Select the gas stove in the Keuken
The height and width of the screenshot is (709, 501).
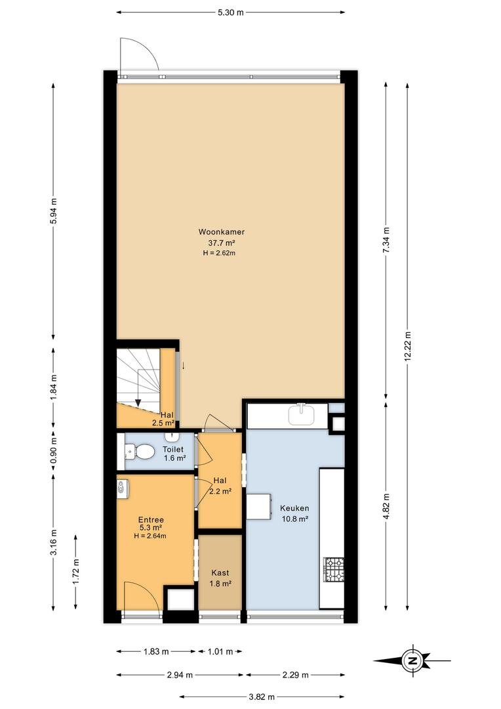point(333,570)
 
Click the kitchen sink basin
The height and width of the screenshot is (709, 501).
point(302,415)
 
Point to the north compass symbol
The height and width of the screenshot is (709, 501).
point(412,660)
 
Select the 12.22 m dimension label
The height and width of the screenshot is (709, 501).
point(408,347)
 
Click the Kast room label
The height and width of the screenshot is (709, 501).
point(220,573)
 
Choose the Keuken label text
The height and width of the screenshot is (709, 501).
point(294,508)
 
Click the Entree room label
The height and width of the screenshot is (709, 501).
point(151,520)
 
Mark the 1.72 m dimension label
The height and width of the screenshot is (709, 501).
point(76,572)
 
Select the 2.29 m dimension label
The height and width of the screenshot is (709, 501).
point(296,675)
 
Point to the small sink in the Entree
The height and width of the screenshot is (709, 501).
point(123,489)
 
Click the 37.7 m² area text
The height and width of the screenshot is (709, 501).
point(222,243)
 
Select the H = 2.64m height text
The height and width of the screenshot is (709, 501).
point(150,536)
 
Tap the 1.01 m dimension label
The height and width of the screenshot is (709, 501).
point(220,652)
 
